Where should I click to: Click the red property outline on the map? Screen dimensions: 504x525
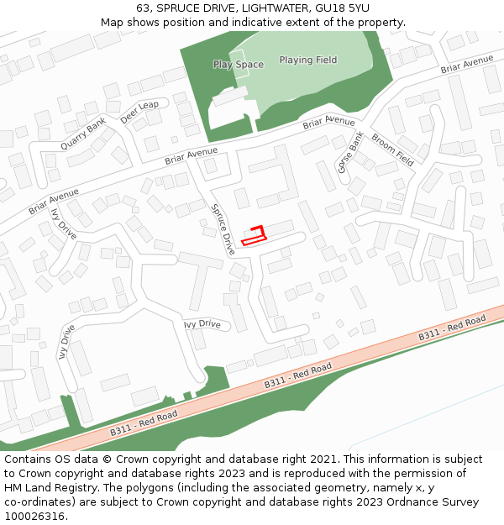coord(254,235)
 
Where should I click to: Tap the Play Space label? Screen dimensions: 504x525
coord(238,65)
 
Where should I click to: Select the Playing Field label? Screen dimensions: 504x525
coord(307,60)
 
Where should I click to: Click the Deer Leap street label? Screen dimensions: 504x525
coord(139,112)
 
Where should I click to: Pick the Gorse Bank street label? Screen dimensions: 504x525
coord(349,153)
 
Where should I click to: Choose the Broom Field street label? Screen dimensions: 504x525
coord(392,150)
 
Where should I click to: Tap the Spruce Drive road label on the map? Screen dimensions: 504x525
coord(223,230)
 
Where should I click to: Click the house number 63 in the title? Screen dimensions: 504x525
coord(143,8)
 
